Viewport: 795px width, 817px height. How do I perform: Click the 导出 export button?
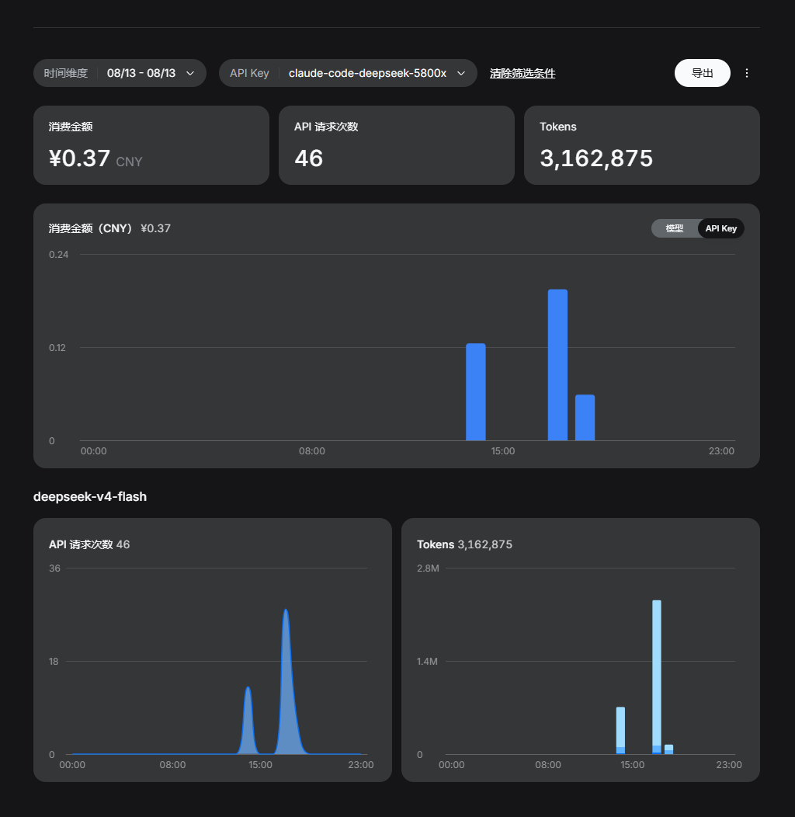[x=703, y=73]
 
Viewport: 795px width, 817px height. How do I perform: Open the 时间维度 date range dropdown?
[x=120, y=73]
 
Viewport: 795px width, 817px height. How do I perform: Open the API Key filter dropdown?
[x=348, y=73]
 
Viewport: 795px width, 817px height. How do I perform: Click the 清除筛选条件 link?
[x=522, y=74]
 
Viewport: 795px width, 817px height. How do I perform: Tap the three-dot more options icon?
[x=747, y=73]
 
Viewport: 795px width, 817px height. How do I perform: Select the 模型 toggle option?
[x=674, y=228]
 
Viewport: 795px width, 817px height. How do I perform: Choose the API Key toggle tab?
[x=721, y=228]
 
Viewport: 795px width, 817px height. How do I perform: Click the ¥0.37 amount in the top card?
[x=80, y=158]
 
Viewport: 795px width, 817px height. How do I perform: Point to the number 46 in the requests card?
[x=309, y=158]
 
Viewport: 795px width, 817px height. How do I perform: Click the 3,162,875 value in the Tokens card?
[x=596, y=158]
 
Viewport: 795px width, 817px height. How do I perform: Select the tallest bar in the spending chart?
[x=557, y=365]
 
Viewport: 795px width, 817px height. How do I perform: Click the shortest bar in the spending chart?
[x=585, y=418]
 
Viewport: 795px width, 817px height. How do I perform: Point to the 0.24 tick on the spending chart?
[x=59, y=254]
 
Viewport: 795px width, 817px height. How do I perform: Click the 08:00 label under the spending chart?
[x=312, y=450]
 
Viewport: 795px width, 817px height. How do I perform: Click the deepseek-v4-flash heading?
[x=90, y=496]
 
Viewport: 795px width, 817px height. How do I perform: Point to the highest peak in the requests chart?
[x=286, y=610]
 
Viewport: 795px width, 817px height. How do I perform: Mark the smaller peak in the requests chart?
[x=248, y=688]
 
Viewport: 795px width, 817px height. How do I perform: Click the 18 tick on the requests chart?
[x=54, y=661]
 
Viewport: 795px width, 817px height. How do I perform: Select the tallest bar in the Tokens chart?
[x=657, y=677]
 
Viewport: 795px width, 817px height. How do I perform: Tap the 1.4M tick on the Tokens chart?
[x=427, y=661]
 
